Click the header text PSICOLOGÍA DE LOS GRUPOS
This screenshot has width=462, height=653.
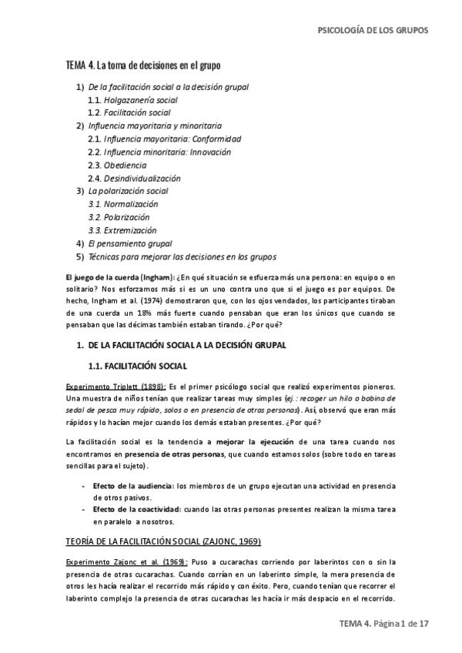click(x=373, y=31)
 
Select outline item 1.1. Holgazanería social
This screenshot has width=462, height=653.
click(x=132, y=100)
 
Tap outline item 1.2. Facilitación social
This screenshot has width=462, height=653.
click(x=129, y=113)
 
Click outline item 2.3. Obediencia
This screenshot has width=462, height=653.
click(x=117, y=166)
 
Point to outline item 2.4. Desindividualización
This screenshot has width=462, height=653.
click(x=137, y=179)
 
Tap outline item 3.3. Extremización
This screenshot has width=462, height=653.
click(x=122, y=230)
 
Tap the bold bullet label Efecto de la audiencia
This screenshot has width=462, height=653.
click(x=132, y=486)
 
